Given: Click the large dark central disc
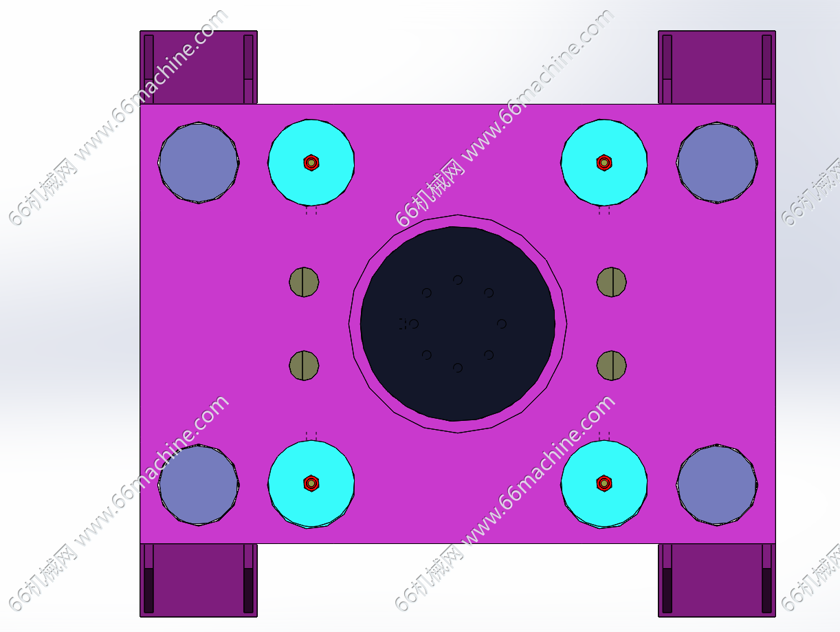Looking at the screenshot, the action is click(458, 324).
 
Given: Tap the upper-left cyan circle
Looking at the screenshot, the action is click(311, 163).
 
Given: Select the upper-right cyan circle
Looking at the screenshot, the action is click(604, 163).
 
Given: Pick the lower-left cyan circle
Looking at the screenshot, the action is click(311, 484).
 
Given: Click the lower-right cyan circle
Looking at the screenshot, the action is click(604, 484).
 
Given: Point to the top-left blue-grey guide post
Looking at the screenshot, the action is click(199, 163).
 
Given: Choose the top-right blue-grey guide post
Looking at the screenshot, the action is click(717, 163).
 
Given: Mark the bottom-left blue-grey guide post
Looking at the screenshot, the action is click(199, 485).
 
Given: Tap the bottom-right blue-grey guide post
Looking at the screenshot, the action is click(717, 485).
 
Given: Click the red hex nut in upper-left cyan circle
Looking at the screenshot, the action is click(311, 163).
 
